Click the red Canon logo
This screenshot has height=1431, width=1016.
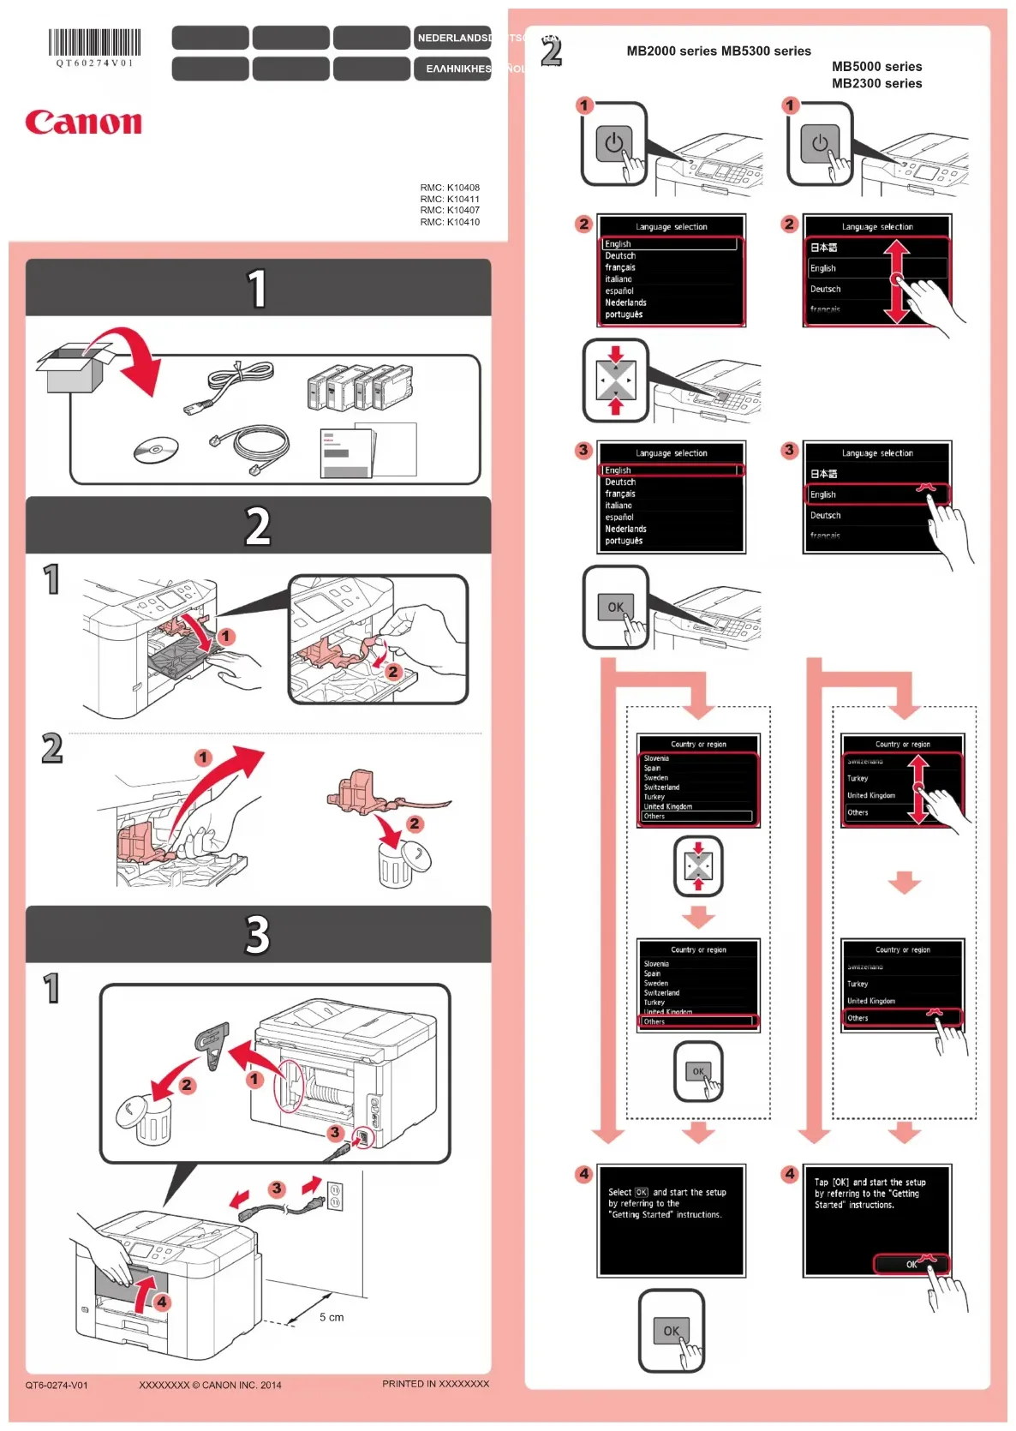tap(83, 123)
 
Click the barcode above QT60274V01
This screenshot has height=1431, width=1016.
tap(94, 42)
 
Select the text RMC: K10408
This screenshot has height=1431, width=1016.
tap(450, 188)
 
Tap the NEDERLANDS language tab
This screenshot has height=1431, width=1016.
tap(454, 38)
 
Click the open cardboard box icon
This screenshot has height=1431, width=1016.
tap(75, 367)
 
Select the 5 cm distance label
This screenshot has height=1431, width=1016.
tap(332, 1317)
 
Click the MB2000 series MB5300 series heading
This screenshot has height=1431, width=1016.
tap(718, 51)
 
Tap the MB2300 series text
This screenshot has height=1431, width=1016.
tap(876, 83)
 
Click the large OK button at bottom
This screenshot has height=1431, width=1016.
tap(671, 1331)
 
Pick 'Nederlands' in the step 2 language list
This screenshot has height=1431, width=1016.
tap(625, 302)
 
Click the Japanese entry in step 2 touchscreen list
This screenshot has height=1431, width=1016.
tap(824, 248)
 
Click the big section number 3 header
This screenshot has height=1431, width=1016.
tap(258, 934)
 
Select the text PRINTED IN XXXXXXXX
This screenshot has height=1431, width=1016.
tap(435, 1384)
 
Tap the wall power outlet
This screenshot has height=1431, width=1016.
tap(336, 1196)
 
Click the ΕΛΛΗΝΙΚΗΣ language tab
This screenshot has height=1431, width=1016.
tap(458, 69)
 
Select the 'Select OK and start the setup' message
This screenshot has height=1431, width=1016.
tap(666, 1203)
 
